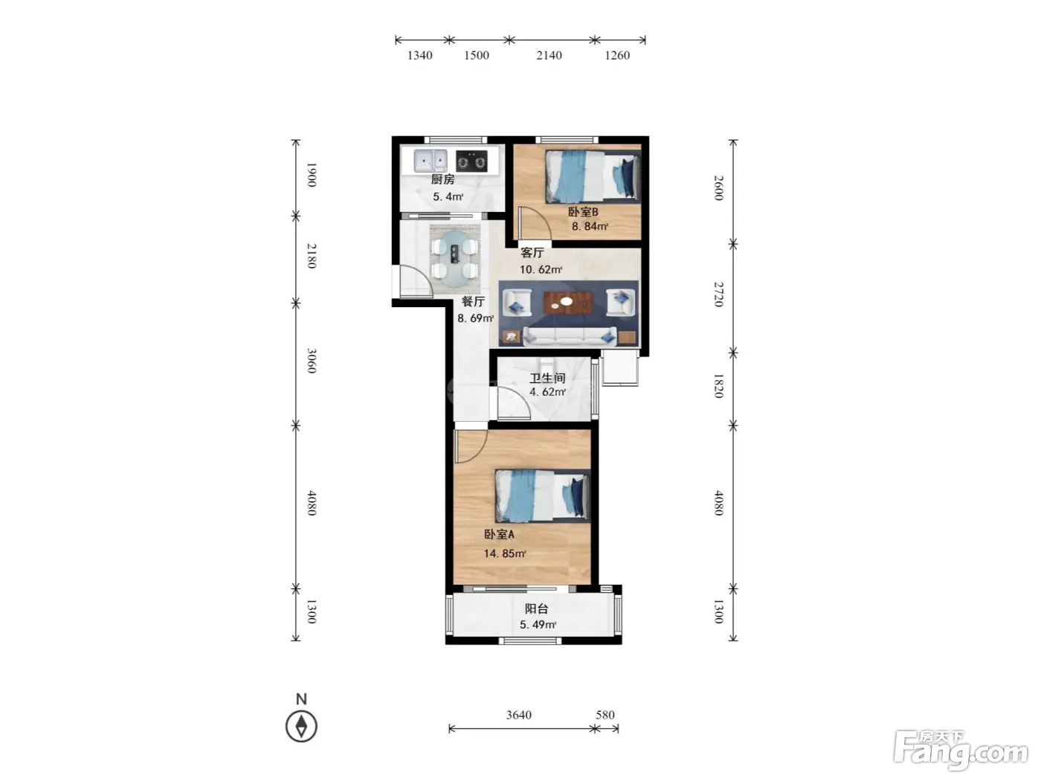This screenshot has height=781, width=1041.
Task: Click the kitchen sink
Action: tap(430, 161)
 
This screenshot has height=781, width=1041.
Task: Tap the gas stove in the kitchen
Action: tap(471, 161)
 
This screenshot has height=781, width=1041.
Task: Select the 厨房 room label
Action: tap(442, 179)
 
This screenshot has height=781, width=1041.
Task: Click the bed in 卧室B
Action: tap(593, 176)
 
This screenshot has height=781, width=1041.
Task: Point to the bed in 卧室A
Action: tap(542, 495)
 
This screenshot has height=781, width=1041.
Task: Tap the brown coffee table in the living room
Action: tap(568, 303)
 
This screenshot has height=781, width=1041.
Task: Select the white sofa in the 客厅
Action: tap(569, 335)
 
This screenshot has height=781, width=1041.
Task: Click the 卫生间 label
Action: tap(547, 378)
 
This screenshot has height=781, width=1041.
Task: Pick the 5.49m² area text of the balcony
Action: tap(538, 625)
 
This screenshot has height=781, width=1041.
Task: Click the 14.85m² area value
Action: tap(505, 553)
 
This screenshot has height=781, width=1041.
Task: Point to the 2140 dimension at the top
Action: tap(549, 56)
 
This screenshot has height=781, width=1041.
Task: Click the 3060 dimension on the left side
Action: tap(311, 361)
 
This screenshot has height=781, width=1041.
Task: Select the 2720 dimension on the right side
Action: tap(719, 294)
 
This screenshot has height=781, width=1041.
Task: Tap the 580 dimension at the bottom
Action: tap(605, 715)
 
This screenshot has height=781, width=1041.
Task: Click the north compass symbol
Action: tap(301, 726)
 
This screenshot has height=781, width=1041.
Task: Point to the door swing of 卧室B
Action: tap(535, 223)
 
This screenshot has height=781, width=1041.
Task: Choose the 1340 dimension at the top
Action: tap(419, 56)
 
